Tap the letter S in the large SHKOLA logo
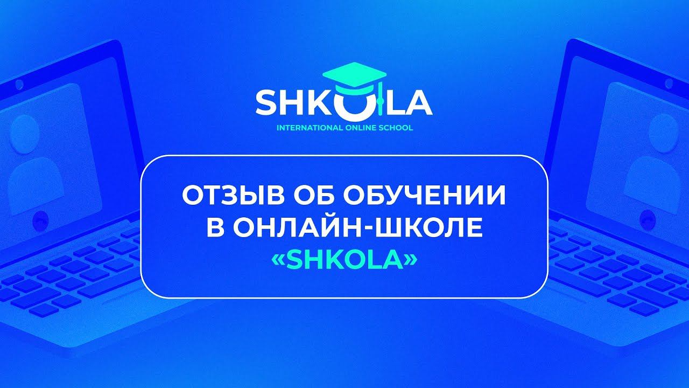pos(266,103)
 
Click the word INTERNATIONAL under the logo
pos(306,129)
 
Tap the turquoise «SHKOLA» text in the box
pos(344,260)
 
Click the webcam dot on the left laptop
pos(19,84)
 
